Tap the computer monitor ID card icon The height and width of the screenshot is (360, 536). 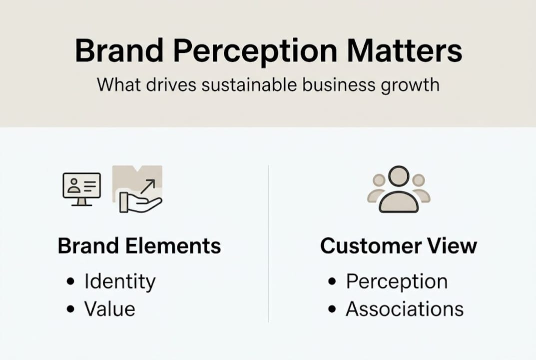tap(81, 188)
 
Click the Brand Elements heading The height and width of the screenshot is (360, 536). tap(139, 246)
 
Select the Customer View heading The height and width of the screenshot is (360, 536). tap(398, 246)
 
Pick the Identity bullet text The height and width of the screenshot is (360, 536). tap(120, 282)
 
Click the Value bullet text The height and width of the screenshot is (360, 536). tap(109, 309)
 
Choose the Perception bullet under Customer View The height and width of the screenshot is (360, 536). tap(397, 282)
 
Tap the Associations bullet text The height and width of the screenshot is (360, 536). tap(405, 309)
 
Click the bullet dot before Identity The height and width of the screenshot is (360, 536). tap(70, 282)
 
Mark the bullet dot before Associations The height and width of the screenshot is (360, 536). tap(332, 309)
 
